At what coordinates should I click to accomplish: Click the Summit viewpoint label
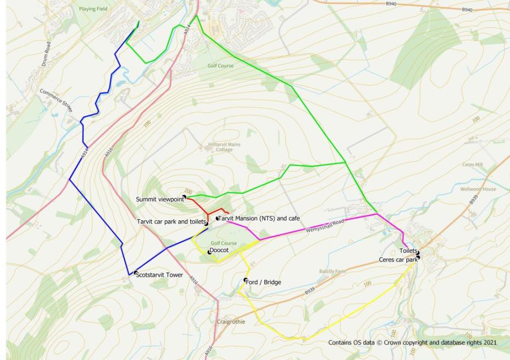160,199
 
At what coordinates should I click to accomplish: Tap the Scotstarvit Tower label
160,275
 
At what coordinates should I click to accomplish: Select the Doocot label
219,250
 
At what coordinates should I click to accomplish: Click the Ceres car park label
398,260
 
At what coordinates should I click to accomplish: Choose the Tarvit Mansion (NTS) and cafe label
259,218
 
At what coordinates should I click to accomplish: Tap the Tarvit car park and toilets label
171,221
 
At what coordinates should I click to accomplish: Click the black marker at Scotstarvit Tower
135,272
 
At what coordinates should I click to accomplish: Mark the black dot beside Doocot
209,252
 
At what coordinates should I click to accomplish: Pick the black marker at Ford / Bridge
246,280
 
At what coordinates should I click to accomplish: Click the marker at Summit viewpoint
184,197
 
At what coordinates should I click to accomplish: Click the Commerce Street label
56,100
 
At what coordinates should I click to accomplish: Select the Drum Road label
47,54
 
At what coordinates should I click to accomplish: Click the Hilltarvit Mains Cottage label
224,147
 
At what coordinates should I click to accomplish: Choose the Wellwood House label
478,189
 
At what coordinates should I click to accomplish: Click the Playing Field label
94,9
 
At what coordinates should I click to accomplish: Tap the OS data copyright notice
412,342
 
